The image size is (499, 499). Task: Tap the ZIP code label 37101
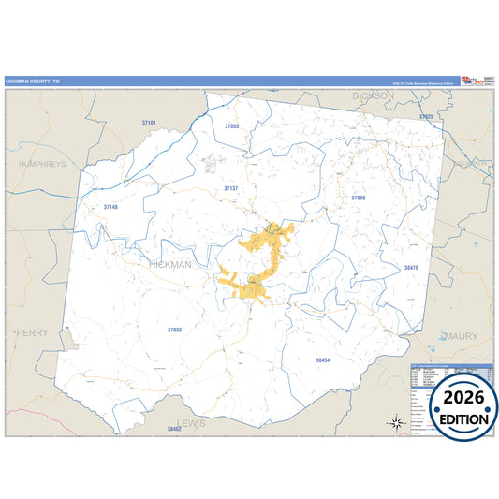pyautogui.click(x=149, y=123)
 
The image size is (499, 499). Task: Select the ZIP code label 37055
pyautogui.click(x=232, y=125)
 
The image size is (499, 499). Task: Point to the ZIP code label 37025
pyautogui.click(x=426, y=117)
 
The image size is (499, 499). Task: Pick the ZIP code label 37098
pyautogui.click(x=359, y=198)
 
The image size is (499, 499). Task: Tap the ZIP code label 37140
pyautogui.click(x=111, y=206)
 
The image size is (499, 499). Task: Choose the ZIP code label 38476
pyautogui.click(x=411, y=268)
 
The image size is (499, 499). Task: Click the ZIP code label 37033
pyautogui.click(x=175, y=330)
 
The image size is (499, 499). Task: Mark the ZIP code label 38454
pyautogui.click(x=323, y=360)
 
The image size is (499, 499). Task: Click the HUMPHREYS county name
pyautogui.click(x=42, y=163)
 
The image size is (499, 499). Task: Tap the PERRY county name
pyautogui.click(x=32, y=332)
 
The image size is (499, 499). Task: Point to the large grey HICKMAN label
pyautogui.click(x=170, y=265)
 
